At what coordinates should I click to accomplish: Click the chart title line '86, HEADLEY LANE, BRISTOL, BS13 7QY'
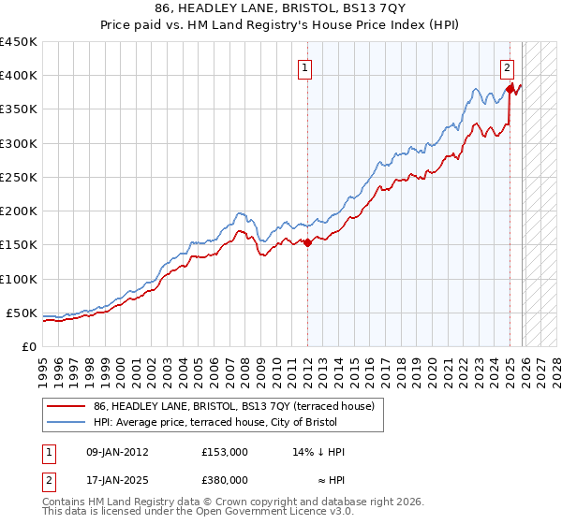pos(281,8)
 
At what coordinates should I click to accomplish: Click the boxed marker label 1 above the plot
pos(305,66)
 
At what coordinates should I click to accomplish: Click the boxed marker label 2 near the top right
pos(507,66)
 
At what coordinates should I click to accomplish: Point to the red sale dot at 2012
pos(306,243)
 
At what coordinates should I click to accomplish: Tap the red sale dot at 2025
pos(510,90)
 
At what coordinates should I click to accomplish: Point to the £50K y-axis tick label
pos(22,313)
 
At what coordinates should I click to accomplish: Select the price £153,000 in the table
pos(224,452)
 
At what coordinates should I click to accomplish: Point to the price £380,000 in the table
pos(224,479)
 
